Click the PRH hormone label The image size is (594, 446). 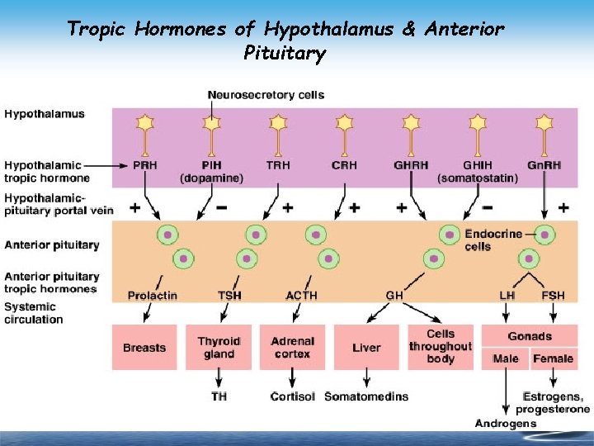pos(145,164)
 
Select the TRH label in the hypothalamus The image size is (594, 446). pos(278,164)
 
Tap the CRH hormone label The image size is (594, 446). pos(345,164)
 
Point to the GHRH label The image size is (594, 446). pos(411,164)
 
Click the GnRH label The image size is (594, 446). pos(544,164)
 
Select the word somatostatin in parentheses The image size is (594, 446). pos(478,178)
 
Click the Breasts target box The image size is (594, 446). pos(144,347)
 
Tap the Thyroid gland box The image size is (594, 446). pos(219,347)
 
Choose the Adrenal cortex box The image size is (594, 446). pos(292,347)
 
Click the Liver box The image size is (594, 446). pos(366,347)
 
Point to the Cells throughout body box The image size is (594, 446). pos(441,347)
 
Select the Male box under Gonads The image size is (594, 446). pos(506,358)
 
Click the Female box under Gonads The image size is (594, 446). pos(553,358)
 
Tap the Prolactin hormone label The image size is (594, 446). pos(153,295)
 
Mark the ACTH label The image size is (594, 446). pos(301,295)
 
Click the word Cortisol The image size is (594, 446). pos(293,396)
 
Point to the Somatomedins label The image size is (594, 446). pos(366,396)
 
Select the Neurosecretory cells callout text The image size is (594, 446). pos(266,95)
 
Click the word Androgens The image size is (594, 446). pos(506,423)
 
